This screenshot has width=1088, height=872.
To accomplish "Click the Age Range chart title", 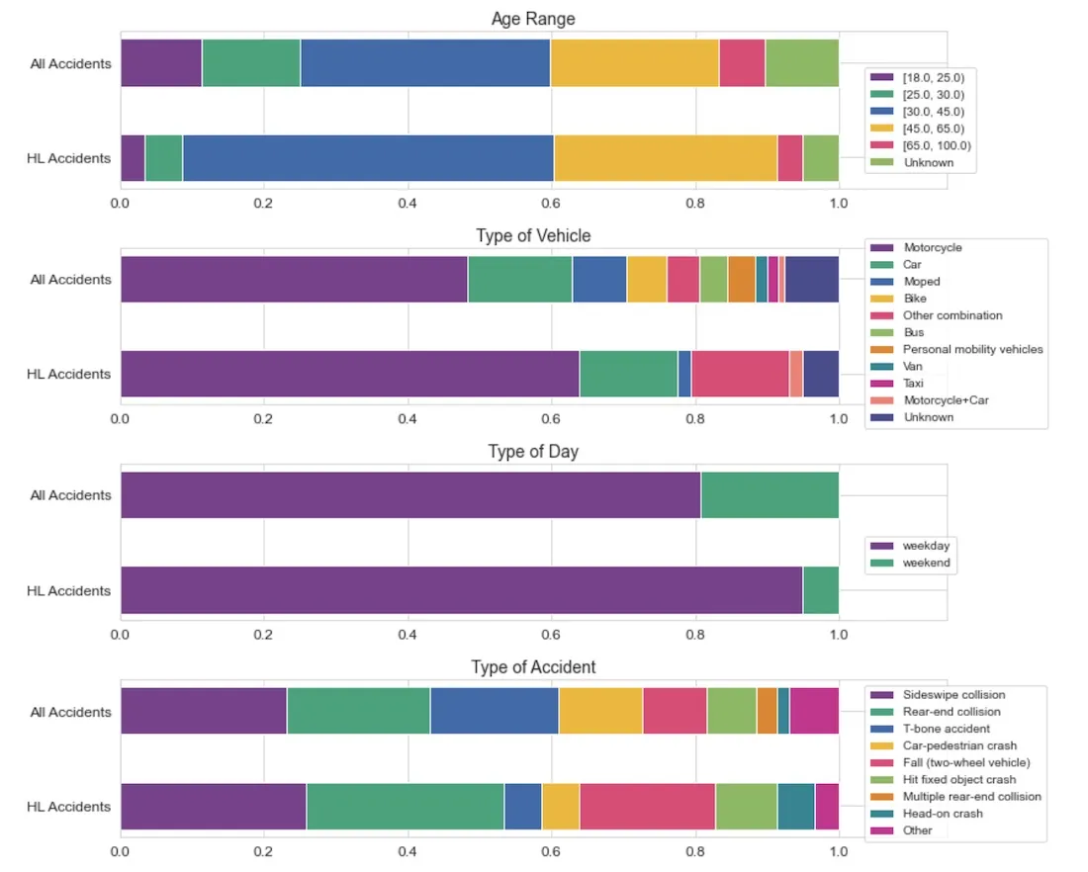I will pyautogui.click(x=533, y=19).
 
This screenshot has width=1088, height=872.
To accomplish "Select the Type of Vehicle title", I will pyautogui.click(x=533, y=235).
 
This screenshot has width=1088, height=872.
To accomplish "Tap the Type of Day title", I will pyautogui.click(x=533, y=452).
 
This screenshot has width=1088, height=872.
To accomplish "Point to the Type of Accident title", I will pyautogui.click(x=533, y=667).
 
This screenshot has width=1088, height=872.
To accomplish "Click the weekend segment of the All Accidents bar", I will pyautogui.click(x=770, y=495).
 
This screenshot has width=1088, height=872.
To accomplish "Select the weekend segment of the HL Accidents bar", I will pyautogui.click(x=821, y=590).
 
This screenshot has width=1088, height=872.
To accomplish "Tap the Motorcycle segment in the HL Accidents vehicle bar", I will pyautogui.click(x=349, y=374).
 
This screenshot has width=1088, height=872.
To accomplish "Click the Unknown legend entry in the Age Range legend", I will pyautogui.click(x=927, y=162).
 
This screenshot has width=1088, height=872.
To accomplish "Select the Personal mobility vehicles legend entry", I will pyautogui.click(x=972, y=349).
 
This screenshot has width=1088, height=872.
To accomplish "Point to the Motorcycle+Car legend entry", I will pyautogui.click(x=945, y=400).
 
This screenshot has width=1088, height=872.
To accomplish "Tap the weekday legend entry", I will pyautogui.click(x=926, y=546).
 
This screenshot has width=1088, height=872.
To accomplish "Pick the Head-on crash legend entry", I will pyautogui.click(x=943, y=814).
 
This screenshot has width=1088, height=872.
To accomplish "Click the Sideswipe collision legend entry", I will pyautogui.click(x=953, y=695).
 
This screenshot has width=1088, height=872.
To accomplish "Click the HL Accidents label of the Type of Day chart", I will pyautogui.click(x=68, y=591).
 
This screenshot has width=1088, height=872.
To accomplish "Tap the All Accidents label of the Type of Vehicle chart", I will pyautogui.click(x=70, y=280).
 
